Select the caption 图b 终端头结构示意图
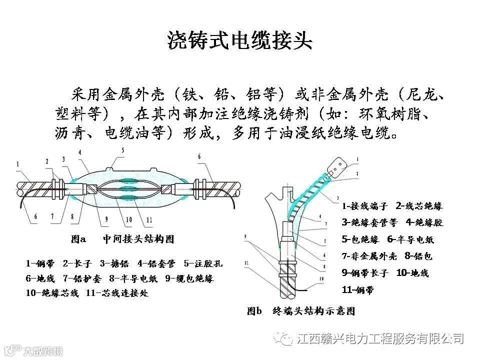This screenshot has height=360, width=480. (x=301, y=311)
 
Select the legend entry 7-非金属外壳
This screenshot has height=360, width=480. (x=369, y=256)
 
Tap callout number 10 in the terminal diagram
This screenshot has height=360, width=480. (x=321, y=278)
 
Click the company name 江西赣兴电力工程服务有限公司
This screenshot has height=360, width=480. (x=380, y=338)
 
